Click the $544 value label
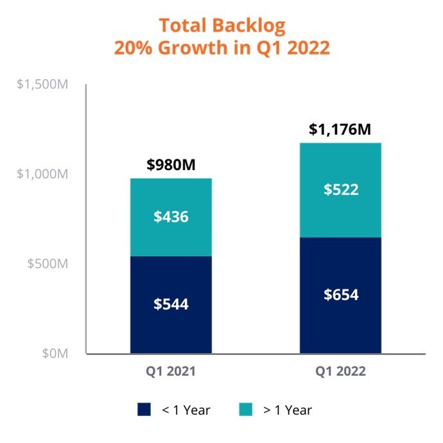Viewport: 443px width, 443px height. [171, 304]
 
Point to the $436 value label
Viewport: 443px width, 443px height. [171, 217]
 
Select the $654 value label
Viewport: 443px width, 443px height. [340, 295]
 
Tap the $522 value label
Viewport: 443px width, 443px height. [340, 190]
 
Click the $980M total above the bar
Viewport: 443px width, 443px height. [171, 165]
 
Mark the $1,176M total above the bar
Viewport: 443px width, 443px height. [340, 130]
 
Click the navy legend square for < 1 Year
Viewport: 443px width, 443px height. [143, 409]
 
